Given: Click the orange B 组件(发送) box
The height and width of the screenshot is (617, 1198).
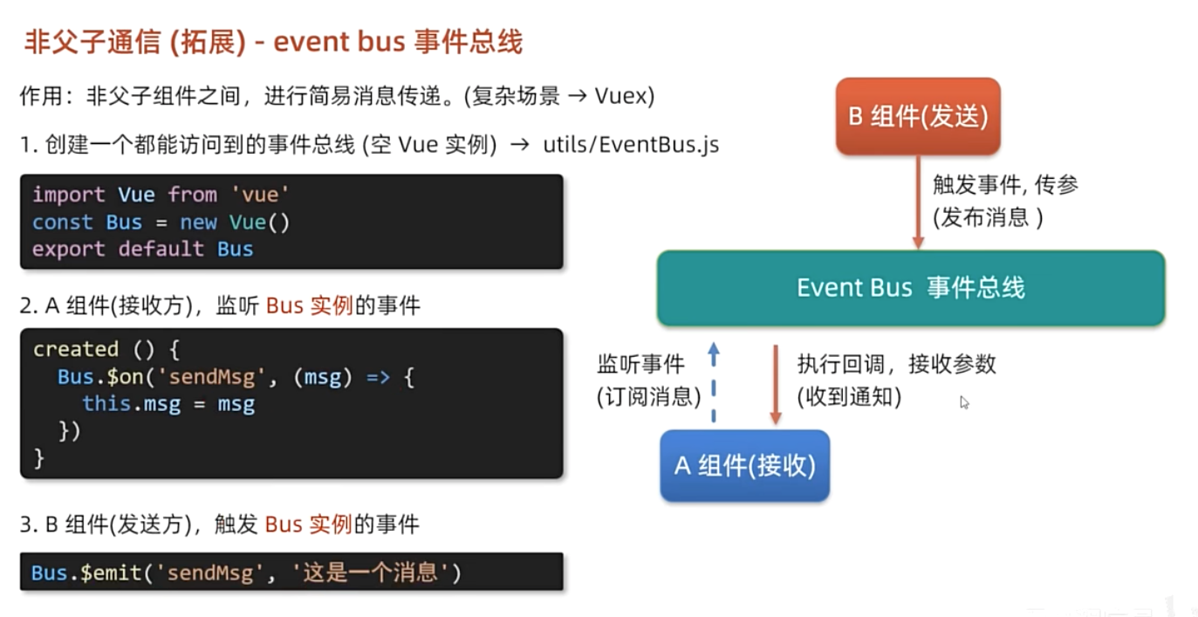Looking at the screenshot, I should [x=917, y=117].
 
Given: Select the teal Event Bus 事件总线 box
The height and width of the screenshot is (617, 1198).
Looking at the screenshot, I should [x=910, y=288].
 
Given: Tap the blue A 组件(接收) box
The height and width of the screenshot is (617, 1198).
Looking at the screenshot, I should [x=744, y=466].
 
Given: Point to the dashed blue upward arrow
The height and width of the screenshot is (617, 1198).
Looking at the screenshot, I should [x=714, y=384].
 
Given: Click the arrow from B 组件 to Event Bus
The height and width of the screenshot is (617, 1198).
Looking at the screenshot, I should [x=917, y=202].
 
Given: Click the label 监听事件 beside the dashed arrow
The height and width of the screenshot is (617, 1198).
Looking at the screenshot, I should [x=641, y=364].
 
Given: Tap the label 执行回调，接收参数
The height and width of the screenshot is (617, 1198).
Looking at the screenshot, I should [x=896, y=364].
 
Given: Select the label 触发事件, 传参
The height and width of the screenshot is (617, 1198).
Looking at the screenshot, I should [x=1005, y=184].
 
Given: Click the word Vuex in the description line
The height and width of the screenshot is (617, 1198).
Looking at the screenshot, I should [x=624, y=95].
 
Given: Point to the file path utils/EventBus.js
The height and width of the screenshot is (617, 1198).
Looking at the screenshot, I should [x=631, y=145].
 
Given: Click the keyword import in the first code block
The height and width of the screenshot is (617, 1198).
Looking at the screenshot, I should [x=68, y=195].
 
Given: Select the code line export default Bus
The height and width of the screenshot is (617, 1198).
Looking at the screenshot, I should [x=142, y=249].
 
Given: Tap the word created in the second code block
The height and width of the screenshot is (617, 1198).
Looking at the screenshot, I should [x=75, y=349].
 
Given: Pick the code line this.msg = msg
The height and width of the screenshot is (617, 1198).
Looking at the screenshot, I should [x=168, y=404].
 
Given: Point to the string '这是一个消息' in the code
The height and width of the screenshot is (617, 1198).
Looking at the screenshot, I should [x=370, y=572].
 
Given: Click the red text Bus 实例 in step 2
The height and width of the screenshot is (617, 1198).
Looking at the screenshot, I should [x=309, y=305].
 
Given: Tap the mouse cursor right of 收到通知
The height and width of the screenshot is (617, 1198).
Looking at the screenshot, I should [x=963, y=401].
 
